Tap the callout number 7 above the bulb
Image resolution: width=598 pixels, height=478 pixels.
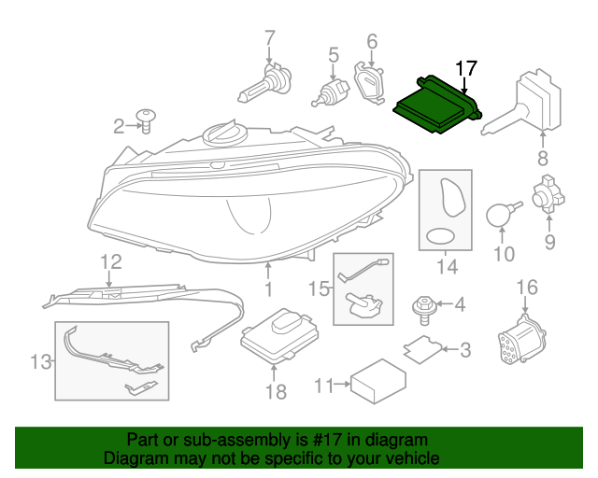coord(270,39)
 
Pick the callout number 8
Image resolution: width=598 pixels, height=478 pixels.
coord(543,159)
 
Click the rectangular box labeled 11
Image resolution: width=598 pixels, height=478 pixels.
coord(377,381)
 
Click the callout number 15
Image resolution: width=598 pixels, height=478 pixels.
coord(320,289)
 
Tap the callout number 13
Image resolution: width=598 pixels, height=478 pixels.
coord(39,360)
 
